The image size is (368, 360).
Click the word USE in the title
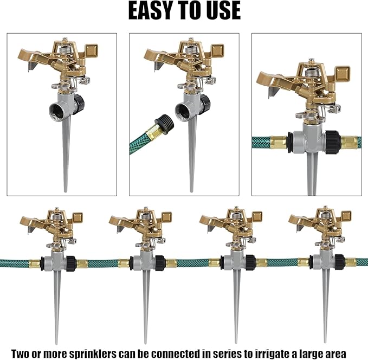coord(222,10)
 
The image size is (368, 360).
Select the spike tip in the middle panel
coord(191,190)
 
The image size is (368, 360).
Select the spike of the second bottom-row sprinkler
coord(146,304)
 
